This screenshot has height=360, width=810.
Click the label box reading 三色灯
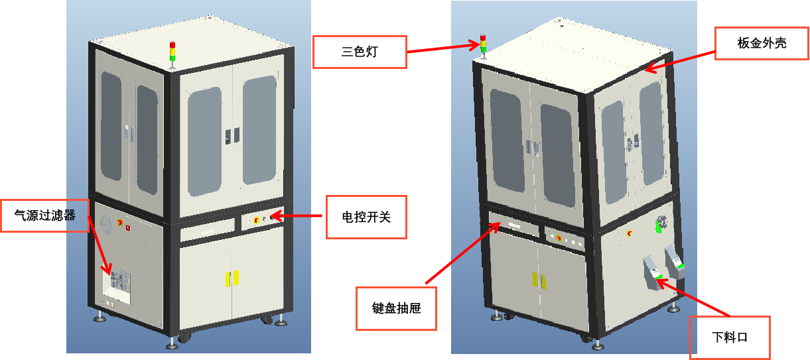pyautogui.click(x=359, y=52)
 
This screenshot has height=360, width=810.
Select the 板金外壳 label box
pyautogui.click(x=762, y=44)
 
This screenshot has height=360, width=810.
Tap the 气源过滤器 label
pyautogui.click(x=45, y=215)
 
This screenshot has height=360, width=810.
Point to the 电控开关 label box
pyautogui.click(x=365, y=217)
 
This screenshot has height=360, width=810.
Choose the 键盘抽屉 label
pyautogui.click(x=397, y=308)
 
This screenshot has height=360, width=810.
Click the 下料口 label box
pyautogui.click(x=730, y=337)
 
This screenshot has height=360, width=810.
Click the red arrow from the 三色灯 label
pyautogui.click(x=444, y=48)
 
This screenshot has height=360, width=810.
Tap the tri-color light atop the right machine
pyautogui.click(x=483, y=45)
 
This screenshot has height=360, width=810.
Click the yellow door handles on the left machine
pyautogui.click(x=231, y=278)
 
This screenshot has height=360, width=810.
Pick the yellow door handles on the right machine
pyautogui.click(x=539, y=281)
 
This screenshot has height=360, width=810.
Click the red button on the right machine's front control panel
pyautogui.click(x=558, y=238)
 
